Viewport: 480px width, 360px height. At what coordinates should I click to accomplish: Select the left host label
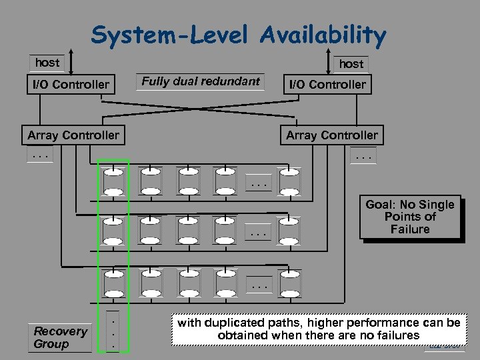(47, 63)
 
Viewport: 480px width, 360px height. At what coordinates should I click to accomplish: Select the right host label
(351, 63)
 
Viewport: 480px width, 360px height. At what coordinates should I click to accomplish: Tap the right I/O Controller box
(326, 85)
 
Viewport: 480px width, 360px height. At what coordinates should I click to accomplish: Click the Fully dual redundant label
(201, 82)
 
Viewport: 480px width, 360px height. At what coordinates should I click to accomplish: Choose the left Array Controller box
(73, 135)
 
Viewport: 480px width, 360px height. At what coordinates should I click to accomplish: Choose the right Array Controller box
(331, 135)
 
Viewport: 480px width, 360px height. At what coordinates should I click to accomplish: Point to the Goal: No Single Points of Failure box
(409, 217)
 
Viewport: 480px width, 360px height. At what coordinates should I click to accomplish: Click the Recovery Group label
(60, 337)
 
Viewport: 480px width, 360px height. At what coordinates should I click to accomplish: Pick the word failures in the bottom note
(394, 335)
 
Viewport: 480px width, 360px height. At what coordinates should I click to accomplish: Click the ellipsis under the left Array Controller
(40, 157)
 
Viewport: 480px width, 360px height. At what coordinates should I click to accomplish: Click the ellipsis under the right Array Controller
(364, 157)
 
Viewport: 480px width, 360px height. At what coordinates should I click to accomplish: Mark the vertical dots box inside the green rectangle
(113, 331)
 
